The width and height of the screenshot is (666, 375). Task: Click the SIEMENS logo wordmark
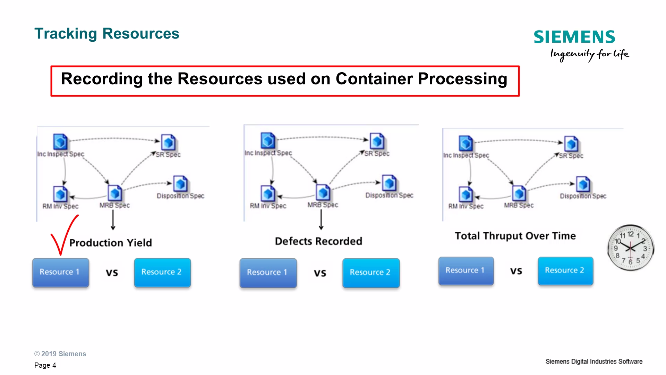(x=574, y=37)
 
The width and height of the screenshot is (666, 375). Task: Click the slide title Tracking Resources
(x=107, y=34)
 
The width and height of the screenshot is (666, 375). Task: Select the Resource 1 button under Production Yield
(x=61, y=272)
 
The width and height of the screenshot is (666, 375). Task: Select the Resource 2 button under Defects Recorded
(x=371, y=273)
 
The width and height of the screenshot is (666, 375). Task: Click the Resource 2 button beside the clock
(x=565, y=271)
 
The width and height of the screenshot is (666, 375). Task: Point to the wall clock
(x=630, y=248)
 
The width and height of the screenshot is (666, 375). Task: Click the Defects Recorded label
(x=318, y=241)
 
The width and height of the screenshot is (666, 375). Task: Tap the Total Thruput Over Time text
(x=515, y=236)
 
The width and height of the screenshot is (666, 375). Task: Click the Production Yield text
(x=111, y=243)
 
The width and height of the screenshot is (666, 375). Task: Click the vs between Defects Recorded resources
(x=320, y=273)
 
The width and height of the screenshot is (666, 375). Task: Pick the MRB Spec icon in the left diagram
(x=115, y=193)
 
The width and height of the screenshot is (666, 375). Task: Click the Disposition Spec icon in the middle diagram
(x=389, y=183)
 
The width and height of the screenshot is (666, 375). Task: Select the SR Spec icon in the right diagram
(x=571, y=144)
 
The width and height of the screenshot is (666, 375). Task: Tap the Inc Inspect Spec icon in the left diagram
(x=60, y=142)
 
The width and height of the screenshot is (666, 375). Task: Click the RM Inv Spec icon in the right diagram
(x=466, y=194)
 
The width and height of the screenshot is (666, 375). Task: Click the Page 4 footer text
(x=45, y=365)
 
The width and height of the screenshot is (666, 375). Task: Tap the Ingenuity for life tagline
(x=589, y=54)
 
